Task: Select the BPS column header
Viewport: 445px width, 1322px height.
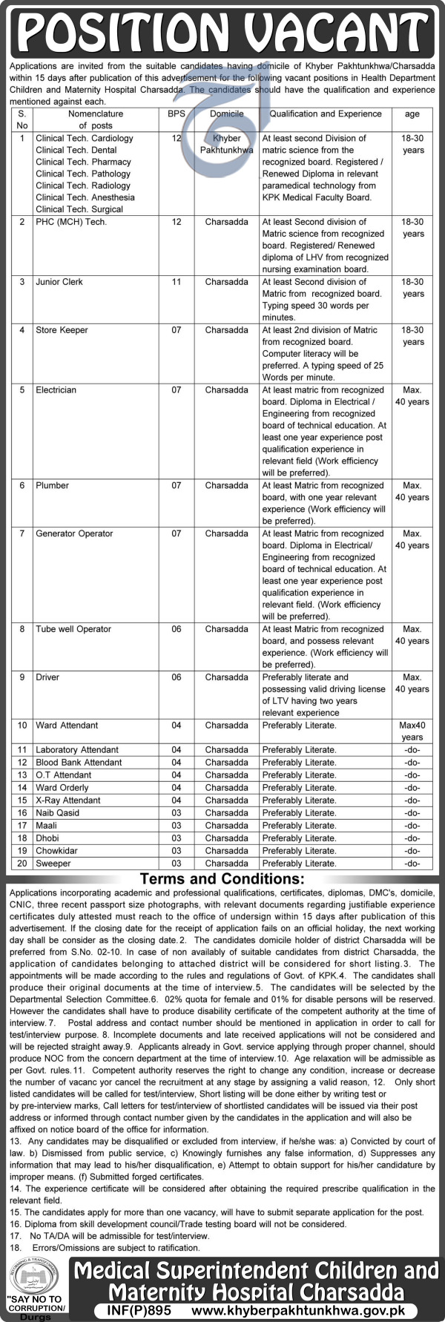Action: (176, 114)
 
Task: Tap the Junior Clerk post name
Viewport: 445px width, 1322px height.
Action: (59, 282)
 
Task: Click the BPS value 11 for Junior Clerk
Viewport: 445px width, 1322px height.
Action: (176, 282)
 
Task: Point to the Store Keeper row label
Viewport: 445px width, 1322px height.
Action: (62, 330)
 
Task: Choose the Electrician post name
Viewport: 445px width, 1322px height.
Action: (56, 390)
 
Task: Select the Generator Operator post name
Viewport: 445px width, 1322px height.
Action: (74, 534)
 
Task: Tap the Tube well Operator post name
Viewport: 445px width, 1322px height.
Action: (73, 629)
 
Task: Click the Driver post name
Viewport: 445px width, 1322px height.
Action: (47, 677)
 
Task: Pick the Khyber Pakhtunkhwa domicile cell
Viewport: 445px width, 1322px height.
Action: (226, 144)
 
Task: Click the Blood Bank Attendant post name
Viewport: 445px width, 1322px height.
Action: (79, 763)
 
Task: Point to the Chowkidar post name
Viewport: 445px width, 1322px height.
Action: (56, 851)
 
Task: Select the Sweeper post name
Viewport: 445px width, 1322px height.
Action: (53, 864)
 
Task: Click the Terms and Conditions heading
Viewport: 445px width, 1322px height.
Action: (222, 879)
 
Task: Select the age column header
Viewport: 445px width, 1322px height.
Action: (412, 114)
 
